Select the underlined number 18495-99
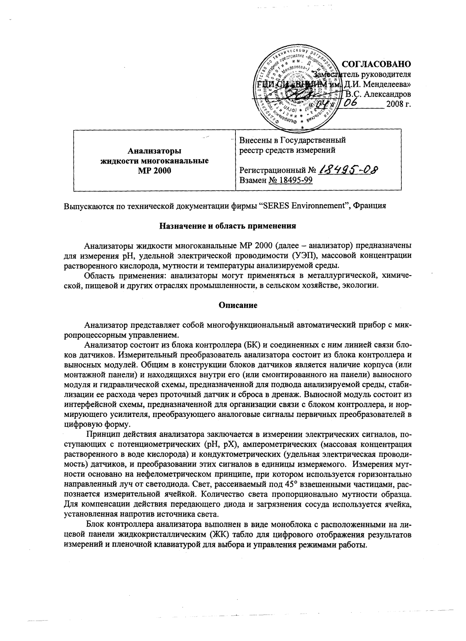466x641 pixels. click(x=291, y=180)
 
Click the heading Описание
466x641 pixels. click(x=238, y=305)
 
